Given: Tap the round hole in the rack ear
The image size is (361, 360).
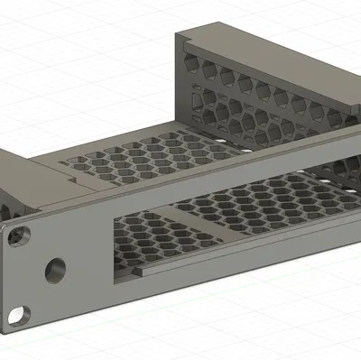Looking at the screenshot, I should pos(56,268).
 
